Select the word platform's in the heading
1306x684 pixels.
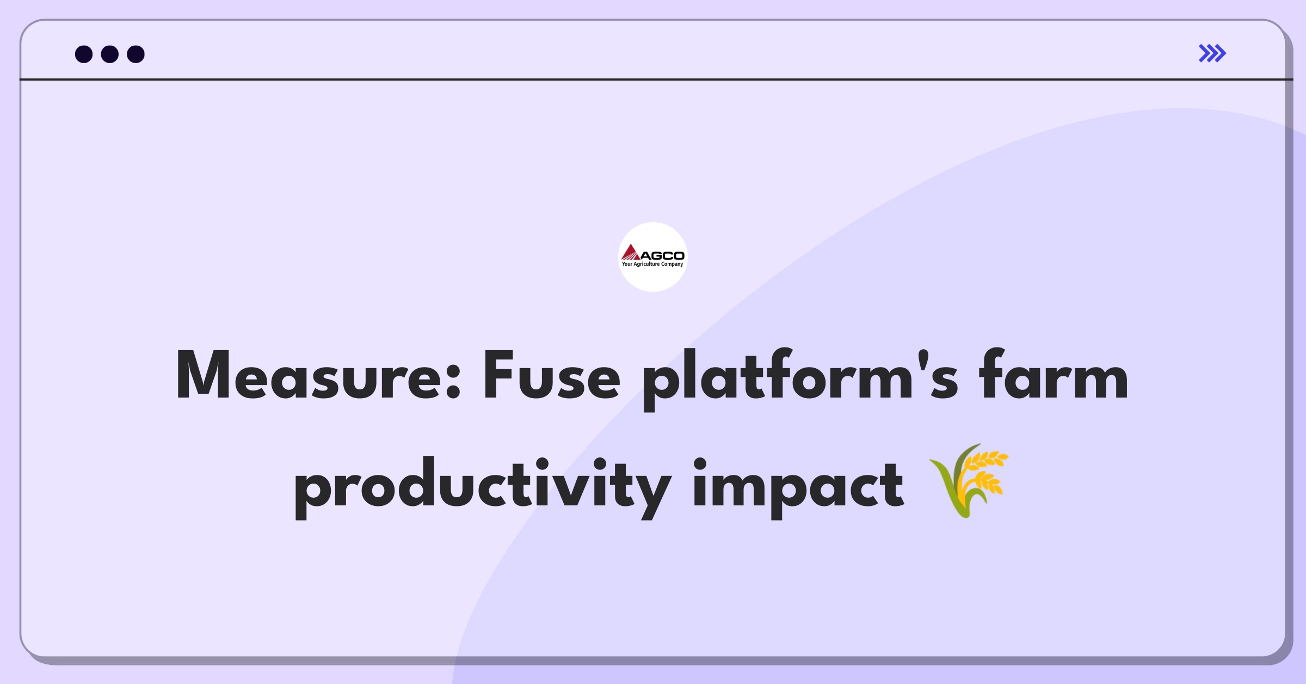[800, 379]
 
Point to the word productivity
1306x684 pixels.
[483, 488]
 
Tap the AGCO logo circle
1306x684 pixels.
[653, 257]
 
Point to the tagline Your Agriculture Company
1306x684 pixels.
[652, 264]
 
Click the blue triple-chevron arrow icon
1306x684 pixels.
[1212, 53]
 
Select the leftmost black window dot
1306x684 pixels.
[84, 54]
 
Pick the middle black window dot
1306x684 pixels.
[110, 54]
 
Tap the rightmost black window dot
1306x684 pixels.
[136, 54]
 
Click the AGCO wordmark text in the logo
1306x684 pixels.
[662, 255]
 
